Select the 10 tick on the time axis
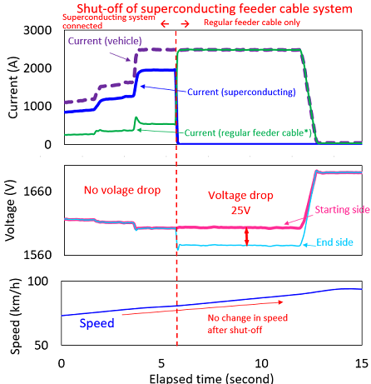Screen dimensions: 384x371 pyautogui.click(x=261, y=363)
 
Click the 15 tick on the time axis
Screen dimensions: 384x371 pyautogui.click(x=361, y=363)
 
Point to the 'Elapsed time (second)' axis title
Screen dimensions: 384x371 pyautogui.click(x=210, y=377)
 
